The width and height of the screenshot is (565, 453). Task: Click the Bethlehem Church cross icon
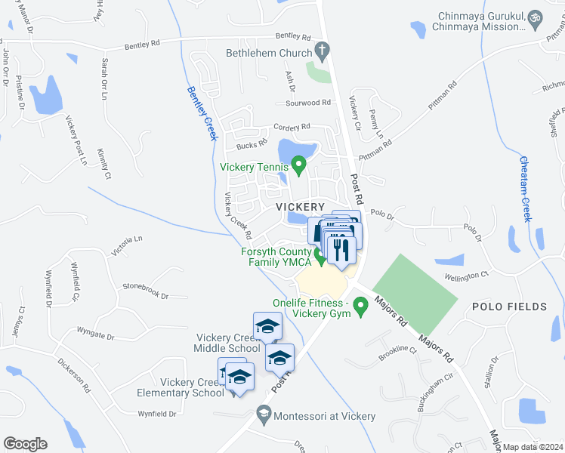(x=323, y=53)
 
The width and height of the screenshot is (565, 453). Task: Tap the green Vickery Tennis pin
(x=298, y=164)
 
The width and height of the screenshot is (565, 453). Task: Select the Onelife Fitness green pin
(x=361, y=306)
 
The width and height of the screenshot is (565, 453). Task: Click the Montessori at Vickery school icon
(x=263, y=414)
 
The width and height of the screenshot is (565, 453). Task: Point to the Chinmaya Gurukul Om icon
(x=536, y=17)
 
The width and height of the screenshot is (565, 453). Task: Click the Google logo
(x=25, y=444)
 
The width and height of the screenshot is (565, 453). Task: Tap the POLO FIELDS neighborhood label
(x=508, y=306)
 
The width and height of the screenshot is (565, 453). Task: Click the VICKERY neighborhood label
(x=300, y=207)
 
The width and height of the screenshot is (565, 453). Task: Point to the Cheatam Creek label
(x=525, y=189)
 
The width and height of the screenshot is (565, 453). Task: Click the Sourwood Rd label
(x=308, y=103)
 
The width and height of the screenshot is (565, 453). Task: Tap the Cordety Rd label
(x=292, y=128)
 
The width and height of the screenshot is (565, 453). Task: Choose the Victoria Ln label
(x=128, y=245)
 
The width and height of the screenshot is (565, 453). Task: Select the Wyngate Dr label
(x=95, y=333)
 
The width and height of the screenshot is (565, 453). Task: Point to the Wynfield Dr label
(x=156, y=414)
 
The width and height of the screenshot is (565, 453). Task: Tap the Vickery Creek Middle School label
(x=227, y=343)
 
